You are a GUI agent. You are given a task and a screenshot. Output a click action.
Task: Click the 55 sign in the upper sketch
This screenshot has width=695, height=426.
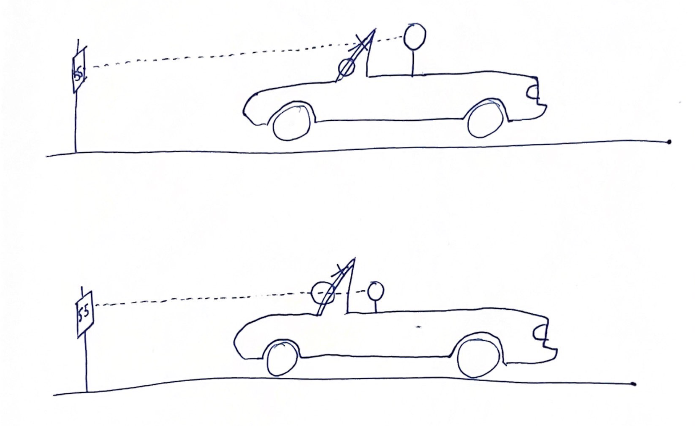[x=79, y=71]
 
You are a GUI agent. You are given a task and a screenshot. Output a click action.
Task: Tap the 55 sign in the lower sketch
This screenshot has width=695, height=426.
[x=85, y=314]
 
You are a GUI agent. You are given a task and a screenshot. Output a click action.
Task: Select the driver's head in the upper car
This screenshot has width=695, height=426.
[x=415, y=36]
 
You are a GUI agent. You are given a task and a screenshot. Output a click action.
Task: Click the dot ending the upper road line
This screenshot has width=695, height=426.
[x=669, y=142]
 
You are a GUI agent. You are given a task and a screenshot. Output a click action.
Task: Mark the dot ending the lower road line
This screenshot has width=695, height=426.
[x=634, y=384]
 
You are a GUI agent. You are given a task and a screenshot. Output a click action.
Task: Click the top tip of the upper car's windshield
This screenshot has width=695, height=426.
[x=374, y=28]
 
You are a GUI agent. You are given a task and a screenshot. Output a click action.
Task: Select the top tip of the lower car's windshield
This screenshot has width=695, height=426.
[x=354, y=258]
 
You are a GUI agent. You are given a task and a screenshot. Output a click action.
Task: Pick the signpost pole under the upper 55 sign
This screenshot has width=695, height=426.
[x=76, y=122]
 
